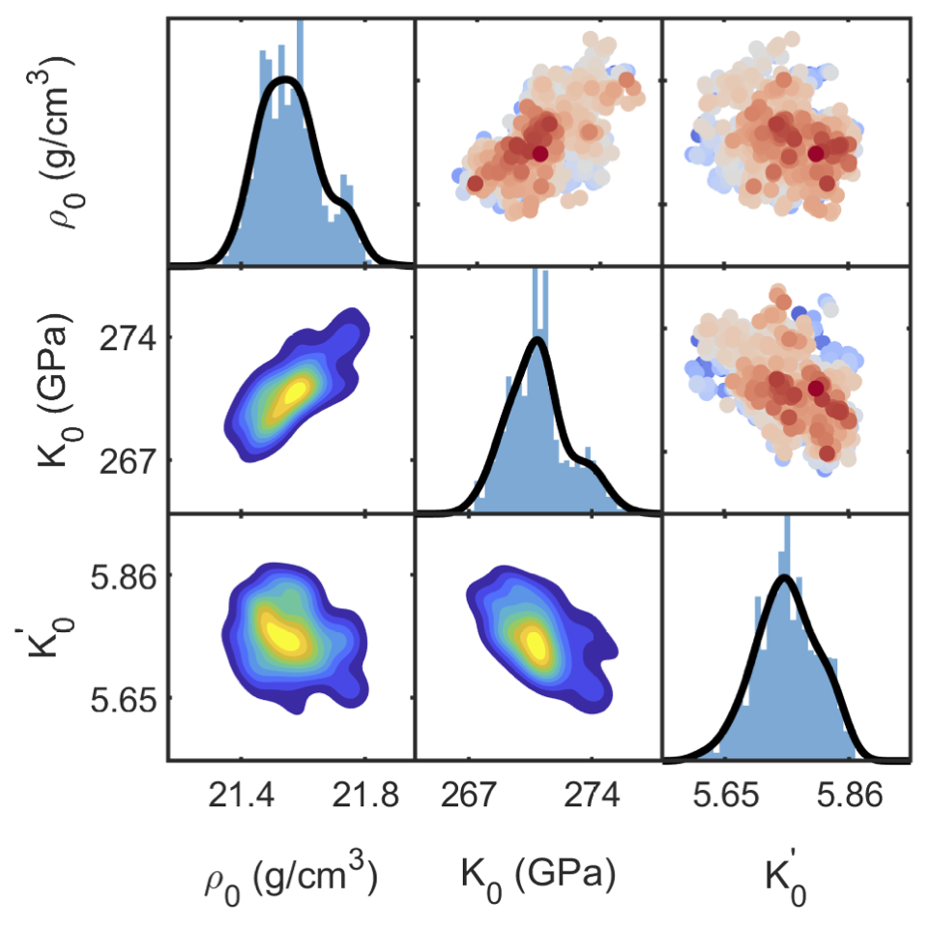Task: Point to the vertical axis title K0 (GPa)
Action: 53,391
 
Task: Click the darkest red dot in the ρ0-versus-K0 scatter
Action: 539,153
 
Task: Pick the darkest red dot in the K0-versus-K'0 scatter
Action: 816,389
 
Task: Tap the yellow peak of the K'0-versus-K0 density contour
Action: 535,642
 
